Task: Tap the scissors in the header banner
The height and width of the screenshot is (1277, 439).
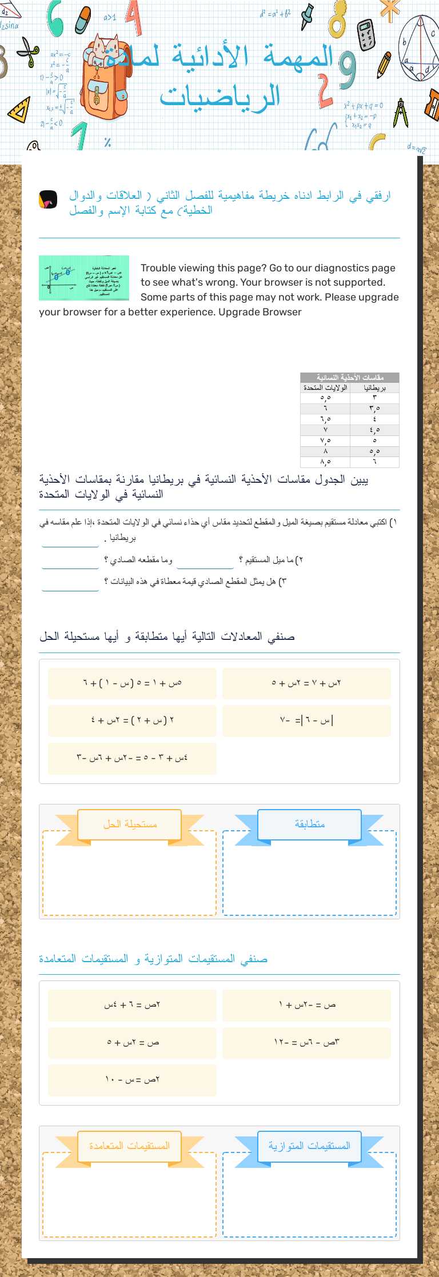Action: pyautogui.click(x=27, y=51)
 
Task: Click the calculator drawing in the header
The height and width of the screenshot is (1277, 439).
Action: pyautogui.click(x=366, y=34)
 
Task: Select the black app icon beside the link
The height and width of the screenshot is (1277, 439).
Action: pyautogui.click(x=48, y=199)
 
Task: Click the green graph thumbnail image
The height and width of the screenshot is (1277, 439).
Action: pyautogui.click(x=83, y=278)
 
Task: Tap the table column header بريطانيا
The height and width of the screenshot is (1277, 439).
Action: pyautogui.click(x=374, y=387)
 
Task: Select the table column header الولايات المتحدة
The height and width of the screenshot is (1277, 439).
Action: pyautogui.click(x=325, y=387)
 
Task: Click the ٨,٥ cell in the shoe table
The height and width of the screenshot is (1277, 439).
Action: pyautogui.click(x=325, y=462)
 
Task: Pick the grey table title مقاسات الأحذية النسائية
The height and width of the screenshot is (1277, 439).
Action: pyautogui.click(x=349, y=378)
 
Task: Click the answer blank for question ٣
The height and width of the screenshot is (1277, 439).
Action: pyautogui.click(x=70, y=583)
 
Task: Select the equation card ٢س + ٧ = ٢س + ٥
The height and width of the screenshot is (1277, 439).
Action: pyautogui.click(x=306, y=683)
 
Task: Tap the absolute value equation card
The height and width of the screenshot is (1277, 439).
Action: pyautogui.click(x=306, y=720)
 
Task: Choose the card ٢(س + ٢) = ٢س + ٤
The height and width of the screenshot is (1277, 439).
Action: pyautogui.click(x=132, y=720)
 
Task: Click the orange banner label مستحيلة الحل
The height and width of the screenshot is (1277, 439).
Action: pyautogui.click(x=130, y=824)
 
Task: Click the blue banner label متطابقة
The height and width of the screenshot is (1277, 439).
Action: pyautogui.click(x=309, y=824)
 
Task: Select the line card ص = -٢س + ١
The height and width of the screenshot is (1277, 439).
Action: pyautogui.click(x=306, y=1005)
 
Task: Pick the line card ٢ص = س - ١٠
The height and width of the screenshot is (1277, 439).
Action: pyautogui.click(x=132, y=1079)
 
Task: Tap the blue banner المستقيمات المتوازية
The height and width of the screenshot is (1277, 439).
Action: pyautogui.click(x=309, y=1146)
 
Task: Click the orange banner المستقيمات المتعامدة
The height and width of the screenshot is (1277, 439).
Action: pyautogui.click(x=130, y=1146)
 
